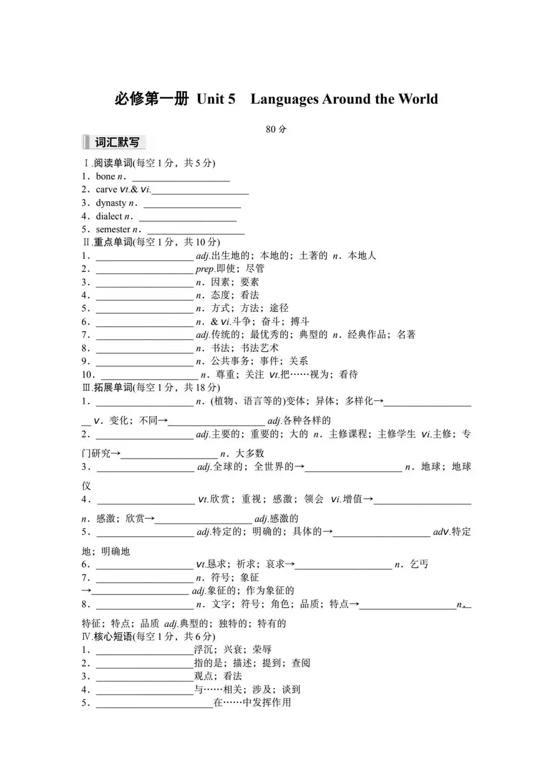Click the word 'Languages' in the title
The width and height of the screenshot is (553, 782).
(284, 100)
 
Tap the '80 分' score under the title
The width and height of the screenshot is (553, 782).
(276, 129)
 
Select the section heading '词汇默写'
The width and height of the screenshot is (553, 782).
(116, 143)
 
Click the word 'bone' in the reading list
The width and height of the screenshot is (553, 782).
(105, 176)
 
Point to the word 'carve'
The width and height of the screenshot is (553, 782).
(106, 190)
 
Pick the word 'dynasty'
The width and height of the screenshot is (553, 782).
(111, 203)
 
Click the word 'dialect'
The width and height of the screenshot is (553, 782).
(109, 216)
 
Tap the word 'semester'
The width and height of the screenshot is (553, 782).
(113, 230)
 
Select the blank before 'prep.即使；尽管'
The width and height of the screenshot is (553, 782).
(144, 270)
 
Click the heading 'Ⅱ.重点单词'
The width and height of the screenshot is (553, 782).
(107, 242)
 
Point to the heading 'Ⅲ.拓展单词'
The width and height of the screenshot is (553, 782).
(107, 388)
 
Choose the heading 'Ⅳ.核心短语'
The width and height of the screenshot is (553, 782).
(107, 637)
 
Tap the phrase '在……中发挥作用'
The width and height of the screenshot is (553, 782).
(252, 703)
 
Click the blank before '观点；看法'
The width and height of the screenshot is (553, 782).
(144, 678)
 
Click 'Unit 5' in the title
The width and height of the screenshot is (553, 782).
(216, 100)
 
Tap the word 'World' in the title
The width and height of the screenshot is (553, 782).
(418, 100)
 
